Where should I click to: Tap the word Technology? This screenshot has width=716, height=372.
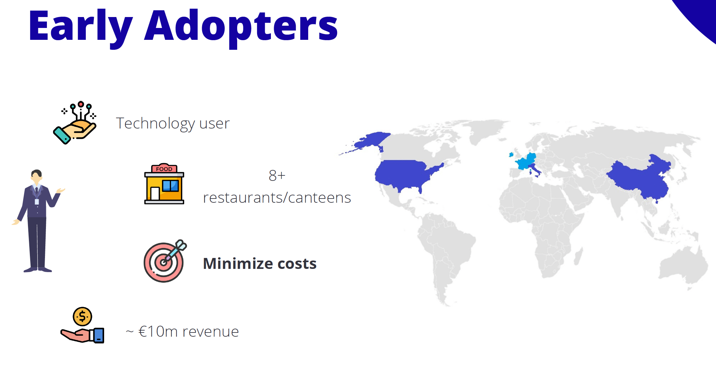point(155,124)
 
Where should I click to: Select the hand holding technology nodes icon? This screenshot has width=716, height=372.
point(75,123)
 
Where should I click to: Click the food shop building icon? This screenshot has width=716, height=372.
point(164,184)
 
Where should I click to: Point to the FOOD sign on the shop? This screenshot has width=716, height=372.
point(164,169)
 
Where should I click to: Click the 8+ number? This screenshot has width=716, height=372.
point(277,175)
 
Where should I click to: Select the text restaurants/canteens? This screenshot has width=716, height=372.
point(277,198)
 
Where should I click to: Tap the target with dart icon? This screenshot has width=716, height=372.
point(165,261)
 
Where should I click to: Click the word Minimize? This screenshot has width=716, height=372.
point(238,263)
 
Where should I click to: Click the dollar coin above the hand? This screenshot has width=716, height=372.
point(83,316)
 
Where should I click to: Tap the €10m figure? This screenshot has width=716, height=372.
point(158,332)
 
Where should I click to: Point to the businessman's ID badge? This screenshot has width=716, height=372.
point(37,202)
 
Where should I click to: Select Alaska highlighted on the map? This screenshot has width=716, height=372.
point(370,141)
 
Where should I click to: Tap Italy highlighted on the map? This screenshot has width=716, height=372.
point(535,170)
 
